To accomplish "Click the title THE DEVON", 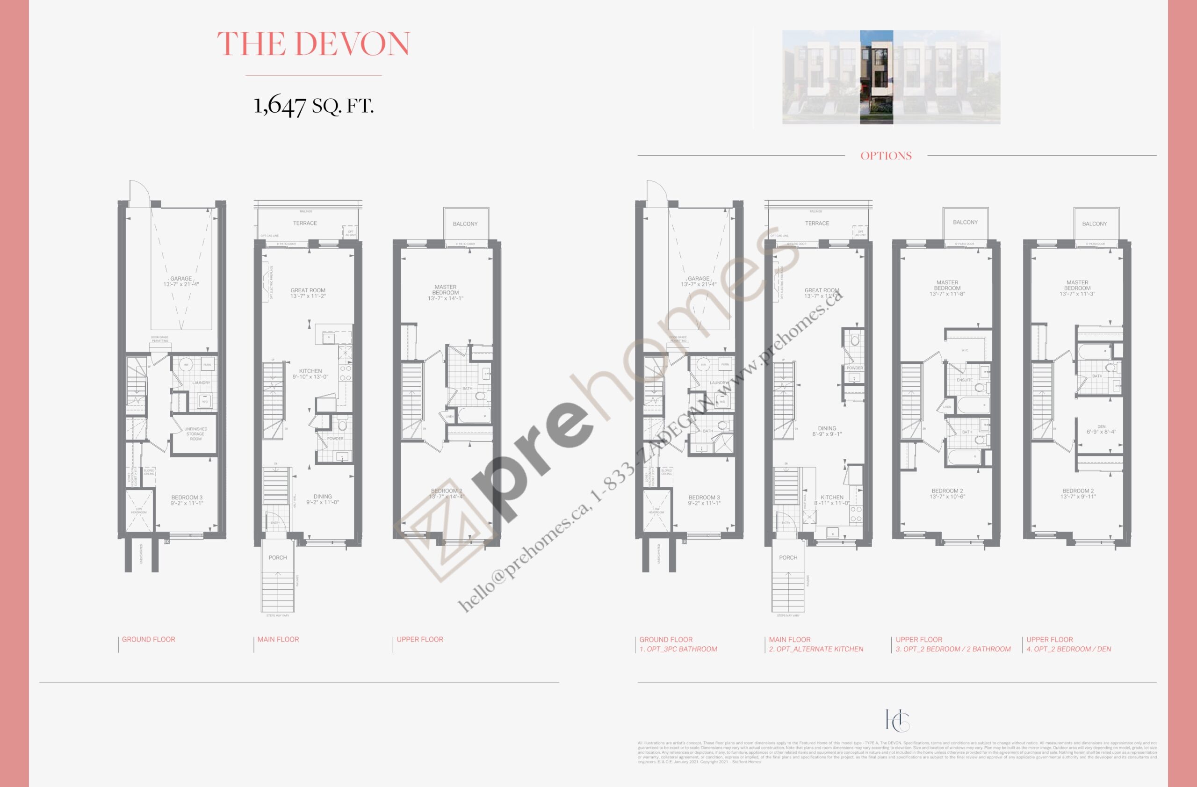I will coord(313,44).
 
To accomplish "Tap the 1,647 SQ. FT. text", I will coord(313,106).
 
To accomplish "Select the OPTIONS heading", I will coord(886,156).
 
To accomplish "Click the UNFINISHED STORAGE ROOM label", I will coord(195,434).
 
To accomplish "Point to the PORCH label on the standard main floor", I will coord(278,558).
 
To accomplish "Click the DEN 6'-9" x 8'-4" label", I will coord(1101,429).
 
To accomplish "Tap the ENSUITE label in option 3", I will coord(964,380).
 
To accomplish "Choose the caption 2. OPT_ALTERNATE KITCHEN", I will coord(816,649).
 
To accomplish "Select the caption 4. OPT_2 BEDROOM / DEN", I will coord(1069,649).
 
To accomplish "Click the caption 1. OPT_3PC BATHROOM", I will coord(678,649).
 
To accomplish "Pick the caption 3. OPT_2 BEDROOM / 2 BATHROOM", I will coord(953,649).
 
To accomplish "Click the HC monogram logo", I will coord(897,721).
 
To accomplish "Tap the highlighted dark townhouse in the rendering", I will coord(876,77).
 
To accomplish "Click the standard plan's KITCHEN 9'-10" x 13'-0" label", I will coord(310,374).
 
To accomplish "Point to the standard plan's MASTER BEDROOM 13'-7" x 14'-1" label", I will coord(445,293).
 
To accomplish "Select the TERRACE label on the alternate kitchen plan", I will coord(817,223).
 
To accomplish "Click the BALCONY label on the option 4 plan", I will coord(1095,224).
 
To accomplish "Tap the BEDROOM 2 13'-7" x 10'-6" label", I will coord(947,494).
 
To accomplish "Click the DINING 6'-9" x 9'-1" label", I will coord(827,432).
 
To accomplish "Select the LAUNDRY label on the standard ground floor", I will coord(201,383).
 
